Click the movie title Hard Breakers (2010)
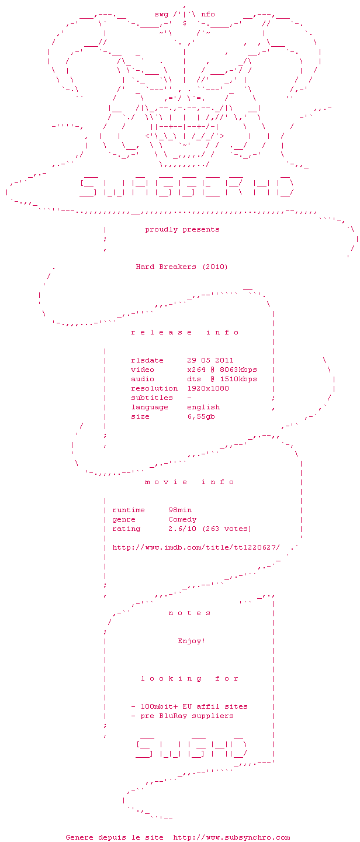(182, 267)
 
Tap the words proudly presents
(182, 229)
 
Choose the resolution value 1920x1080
(208, 388)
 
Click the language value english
(203, 407)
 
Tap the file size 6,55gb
(201, 416)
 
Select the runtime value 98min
(180, 510)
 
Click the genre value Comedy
(182, 519)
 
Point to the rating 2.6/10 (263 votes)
(210, 529)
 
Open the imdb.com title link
(196, 547)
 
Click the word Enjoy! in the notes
(192, 641)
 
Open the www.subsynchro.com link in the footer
(231, 837)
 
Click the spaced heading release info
(185, 332)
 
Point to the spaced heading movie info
(189, 482)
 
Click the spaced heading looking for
(189, 678)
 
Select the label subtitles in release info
(152, 398)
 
